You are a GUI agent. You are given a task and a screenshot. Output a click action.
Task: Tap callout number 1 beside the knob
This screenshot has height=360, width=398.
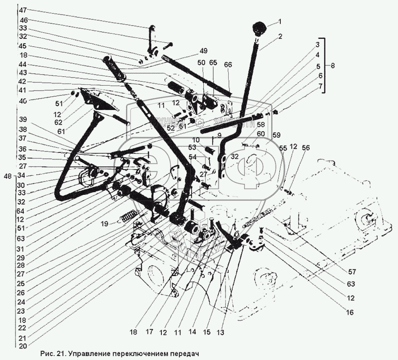pyautogui.click(x=279, y=21)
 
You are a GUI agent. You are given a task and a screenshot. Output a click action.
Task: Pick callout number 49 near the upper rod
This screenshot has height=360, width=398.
pyautogui.click(x=203, y=50)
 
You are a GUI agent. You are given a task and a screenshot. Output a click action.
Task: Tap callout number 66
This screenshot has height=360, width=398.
pyautogui.click(x=228, y=64)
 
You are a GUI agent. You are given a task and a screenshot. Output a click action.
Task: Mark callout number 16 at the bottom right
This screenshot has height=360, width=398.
pyautogui.click(x=338, y=312)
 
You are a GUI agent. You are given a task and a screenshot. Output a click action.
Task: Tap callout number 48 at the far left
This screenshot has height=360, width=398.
pyautogui.click(x=7, y=177)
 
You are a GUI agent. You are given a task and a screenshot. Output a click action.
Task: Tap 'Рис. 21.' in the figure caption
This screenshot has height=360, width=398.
pyautogui.click(x=52, y=354)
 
